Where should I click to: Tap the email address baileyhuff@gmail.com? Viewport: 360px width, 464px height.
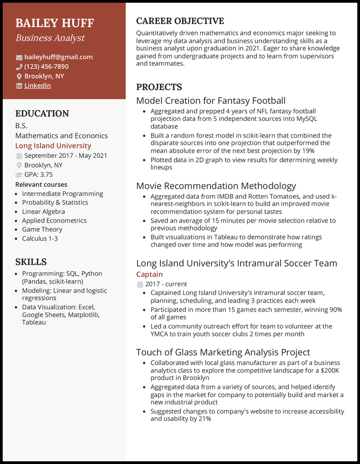(58, 57)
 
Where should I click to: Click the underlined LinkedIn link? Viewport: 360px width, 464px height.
(37, 85)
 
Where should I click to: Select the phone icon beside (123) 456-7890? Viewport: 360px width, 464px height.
(19, 67)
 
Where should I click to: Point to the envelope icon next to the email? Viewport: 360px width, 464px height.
(19, 57)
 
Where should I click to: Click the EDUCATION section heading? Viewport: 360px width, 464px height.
(42, 114)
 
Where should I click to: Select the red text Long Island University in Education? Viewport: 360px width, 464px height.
(53, 146)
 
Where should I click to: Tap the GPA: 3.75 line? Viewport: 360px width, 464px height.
(38, 174)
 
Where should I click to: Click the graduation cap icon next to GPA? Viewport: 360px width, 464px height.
(19, 174)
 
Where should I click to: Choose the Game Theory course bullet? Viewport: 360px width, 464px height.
(42, 229)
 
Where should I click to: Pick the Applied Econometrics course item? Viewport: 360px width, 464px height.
(54, 220)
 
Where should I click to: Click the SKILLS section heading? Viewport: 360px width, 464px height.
(31, 262)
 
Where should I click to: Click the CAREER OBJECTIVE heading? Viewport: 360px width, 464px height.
(180, 21)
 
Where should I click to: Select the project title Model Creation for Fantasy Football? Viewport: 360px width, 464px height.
(211, 101)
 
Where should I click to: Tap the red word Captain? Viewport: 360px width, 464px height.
(149, 274)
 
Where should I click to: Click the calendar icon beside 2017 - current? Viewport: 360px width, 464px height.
(139, 284)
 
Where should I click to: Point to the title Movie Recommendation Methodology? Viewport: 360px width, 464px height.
(216, 186)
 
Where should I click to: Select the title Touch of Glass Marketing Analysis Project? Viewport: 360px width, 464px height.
(223, 352)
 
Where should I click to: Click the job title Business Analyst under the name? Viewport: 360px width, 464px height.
(50, 38)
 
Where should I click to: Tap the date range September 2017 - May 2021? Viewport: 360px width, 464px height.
(66, 156)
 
